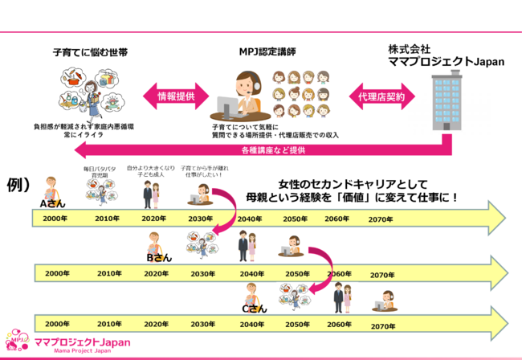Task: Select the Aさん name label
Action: (x=49, y=205)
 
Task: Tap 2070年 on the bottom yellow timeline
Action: (x=383, y=326)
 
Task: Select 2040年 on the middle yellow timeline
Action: (x=250, y=274)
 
